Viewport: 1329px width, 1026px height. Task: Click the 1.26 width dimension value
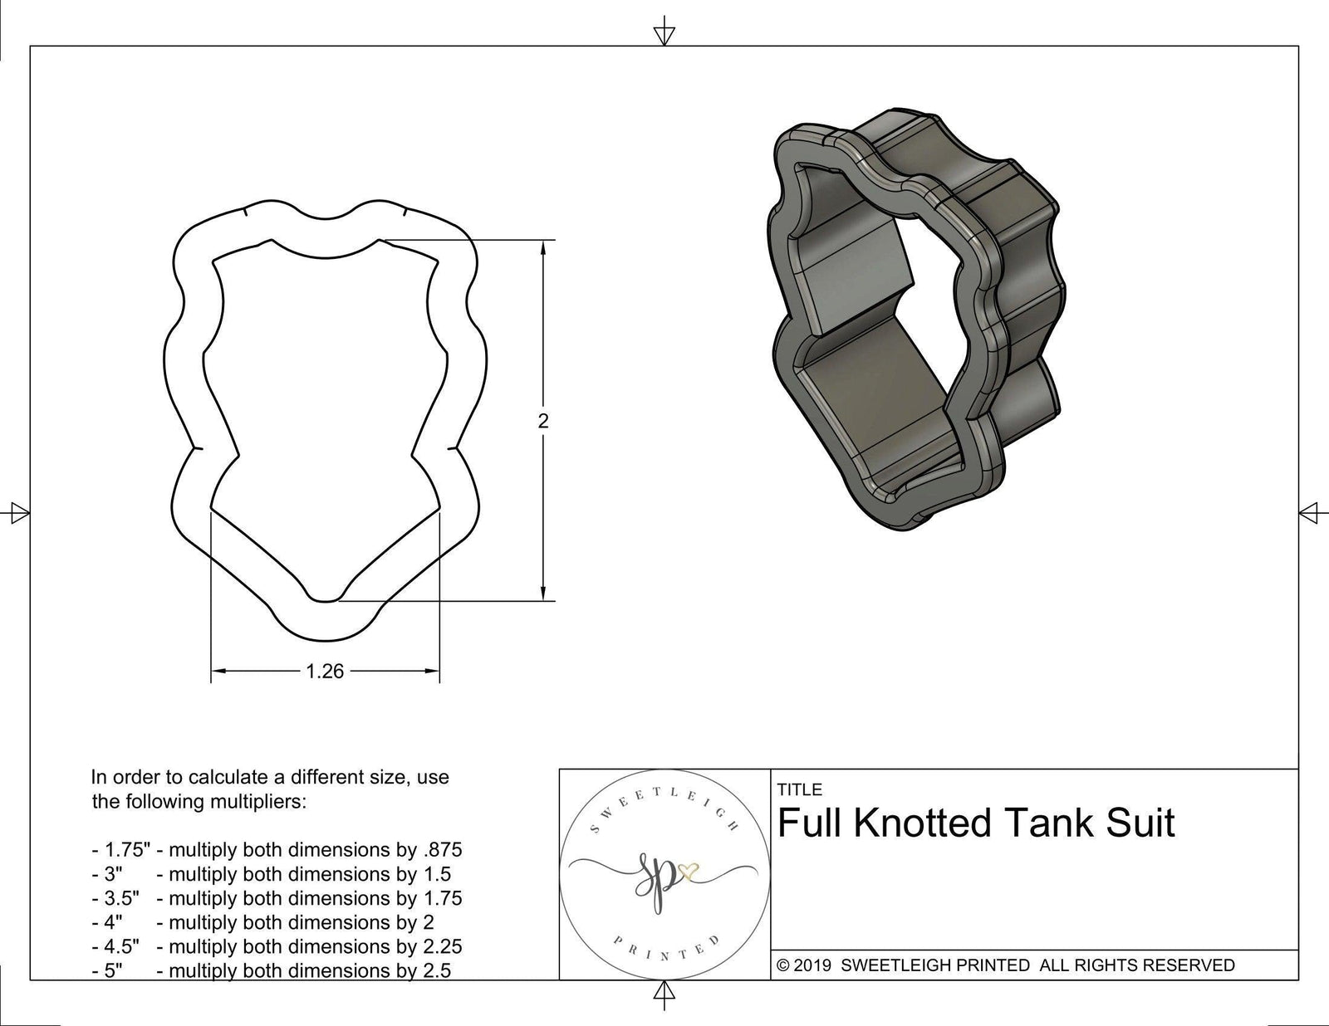tap(325, 671)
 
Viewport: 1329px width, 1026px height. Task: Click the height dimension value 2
tap(543, 421)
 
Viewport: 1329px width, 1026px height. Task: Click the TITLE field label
tap(799, 789)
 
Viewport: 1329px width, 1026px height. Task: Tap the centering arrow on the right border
tap(1310, 513)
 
